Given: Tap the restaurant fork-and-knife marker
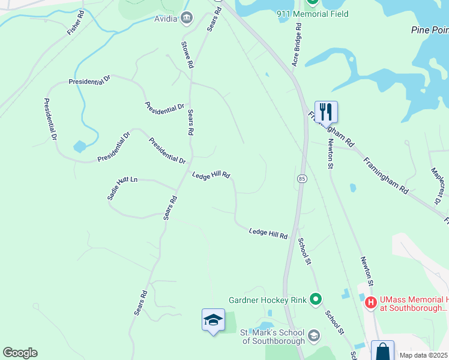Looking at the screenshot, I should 326,112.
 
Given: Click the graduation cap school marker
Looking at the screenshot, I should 213,320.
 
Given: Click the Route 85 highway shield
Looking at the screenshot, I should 302,179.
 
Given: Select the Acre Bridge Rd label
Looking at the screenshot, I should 296,43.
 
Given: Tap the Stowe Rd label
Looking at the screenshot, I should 187,54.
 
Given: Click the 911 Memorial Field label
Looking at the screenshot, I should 312,14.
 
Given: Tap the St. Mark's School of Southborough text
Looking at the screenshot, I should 274,337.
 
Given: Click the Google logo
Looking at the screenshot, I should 20,353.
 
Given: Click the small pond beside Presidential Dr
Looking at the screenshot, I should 80,146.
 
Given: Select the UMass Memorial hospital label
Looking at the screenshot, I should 414,304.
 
